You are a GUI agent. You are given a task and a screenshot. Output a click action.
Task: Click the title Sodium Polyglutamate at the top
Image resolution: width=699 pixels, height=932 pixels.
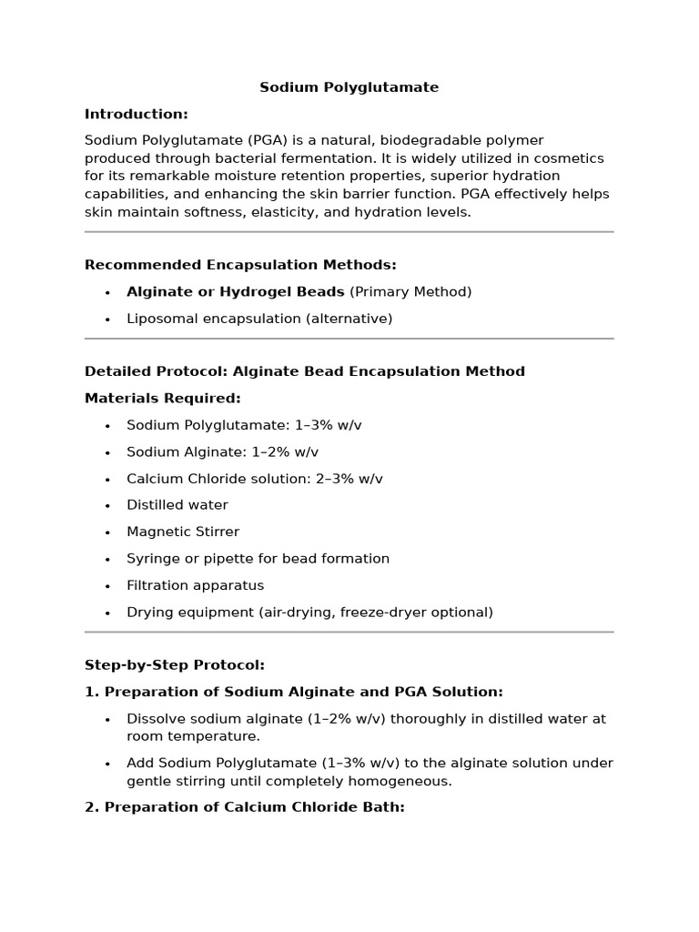pyautogui.click(x=349, y=87)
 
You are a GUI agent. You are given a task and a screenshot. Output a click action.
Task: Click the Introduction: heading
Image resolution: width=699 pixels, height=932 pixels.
pyautogui.click(x=137, y=114)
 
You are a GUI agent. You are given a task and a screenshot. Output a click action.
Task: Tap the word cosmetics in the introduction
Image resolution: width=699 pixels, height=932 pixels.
pyautogui.click(x=564, y=158)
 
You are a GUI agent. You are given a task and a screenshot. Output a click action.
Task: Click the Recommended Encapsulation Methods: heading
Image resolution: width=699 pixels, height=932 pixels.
pyautogui.click(x=240, y=265)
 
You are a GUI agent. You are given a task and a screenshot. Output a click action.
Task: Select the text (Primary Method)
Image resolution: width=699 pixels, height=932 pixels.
pyautogui.click(x=410, y=292)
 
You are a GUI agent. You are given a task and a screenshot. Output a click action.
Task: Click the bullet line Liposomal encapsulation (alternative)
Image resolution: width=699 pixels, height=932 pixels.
pyautogui.click(x=259, y=319)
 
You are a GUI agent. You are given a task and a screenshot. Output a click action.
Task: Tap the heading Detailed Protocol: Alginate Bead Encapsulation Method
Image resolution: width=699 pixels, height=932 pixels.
pyautogui.click(x=304, y=371)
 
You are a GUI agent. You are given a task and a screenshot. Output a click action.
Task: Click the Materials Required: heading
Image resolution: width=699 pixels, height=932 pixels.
pyautogui.click(x=163, y=398)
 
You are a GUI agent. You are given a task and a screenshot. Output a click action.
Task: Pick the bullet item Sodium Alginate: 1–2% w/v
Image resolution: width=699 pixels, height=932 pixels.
pyautogui.click(x=222, y=452)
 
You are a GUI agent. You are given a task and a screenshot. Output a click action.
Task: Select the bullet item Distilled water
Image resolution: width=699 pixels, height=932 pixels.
pyautogui.click(x=177, y=505)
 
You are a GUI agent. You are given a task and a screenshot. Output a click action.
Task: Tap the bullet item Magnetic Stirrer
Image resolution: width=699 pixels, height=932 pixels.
pyautogui.click(x=183, y=532)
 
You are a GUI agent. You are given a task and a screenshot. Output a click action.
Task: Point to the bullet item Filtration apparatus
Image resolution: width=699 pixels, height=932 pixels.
pyautogui.click(x=195, y=585)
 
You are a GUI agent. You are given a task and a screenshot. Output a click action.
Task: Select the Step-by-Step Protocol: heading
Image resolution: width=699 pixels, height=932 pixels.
pyautogui.click(x=175, y=665)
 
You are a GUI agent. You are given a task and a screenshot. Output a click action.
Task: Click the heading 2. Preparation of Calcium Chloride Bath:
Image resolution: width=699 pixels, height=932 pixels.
pyautogui.click(x=244, y=807)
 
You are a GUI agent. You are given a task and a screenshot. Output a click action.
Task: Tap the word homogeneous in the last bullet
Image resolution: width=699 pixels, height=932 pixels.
pyautogui.click(x=399, y=781)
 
